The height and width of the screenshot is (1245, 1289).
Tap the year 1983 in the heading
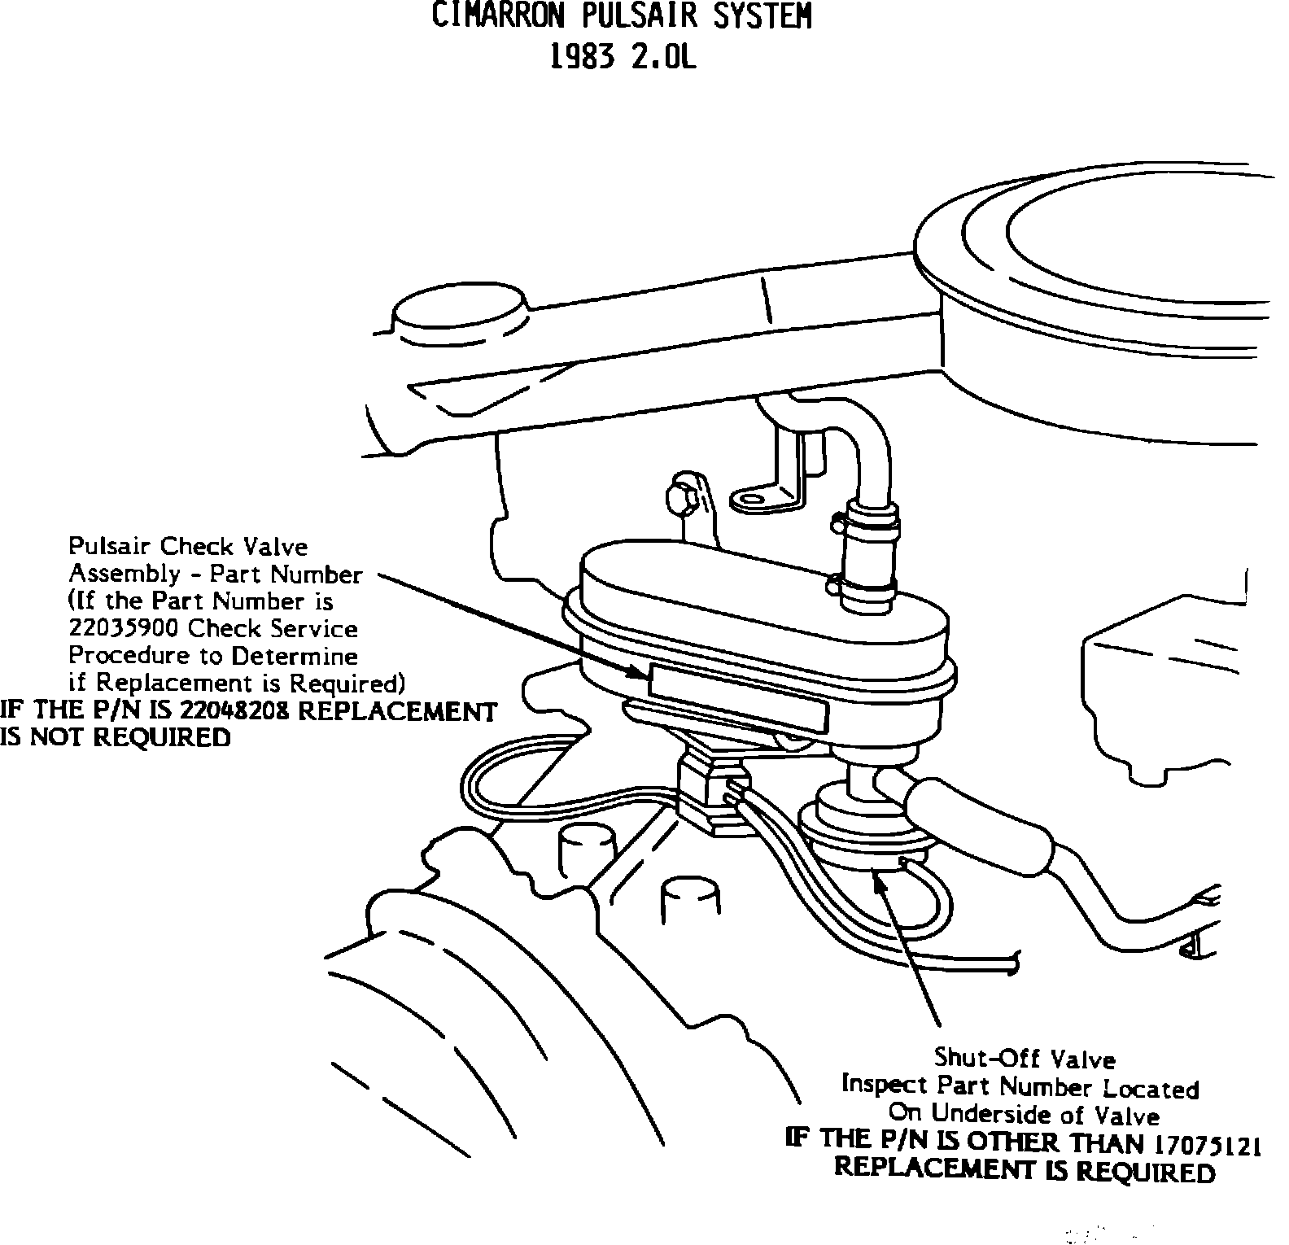pyautogui.click(x=582, y=57)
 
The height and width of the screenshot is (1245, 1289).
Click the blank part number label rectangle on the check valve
pyautogui.click(x=738, y=698)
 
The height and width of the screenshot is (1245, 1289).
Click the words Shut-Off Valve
pyautogui.click(x=1024, y=1059)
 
